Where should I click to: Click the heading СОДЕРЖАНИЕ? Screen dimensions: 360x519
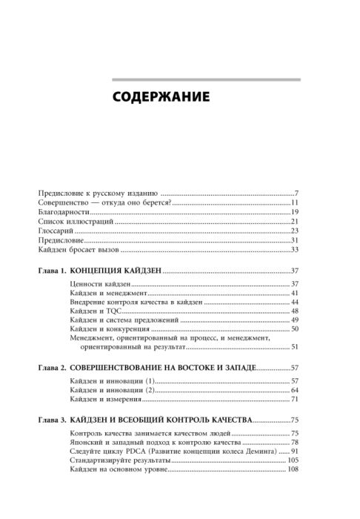[160, 97]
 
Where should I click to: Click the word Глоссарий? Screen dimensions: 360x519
[53, 231]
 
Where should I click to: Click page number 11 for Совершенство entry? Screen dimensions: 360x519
[294, 202]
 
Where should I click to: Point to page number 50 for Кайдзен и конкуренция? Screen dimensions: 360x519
[294, 328]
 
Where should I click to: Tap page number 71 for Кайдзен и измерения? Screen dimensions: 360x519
[294, 400]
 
